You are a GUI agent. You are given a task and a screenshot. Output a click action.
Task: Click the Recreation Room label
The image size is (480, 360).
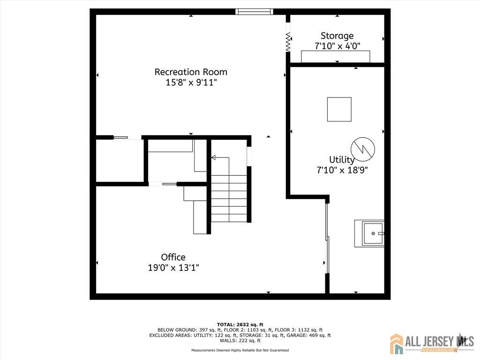coord(191,72)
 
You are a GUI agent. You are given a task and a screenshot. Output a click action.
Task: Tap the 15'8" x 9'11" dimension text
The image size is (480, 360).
coord(191,82)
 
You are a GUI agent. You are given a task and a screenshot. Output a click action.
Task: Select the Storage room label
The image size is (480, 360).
coord(337,36)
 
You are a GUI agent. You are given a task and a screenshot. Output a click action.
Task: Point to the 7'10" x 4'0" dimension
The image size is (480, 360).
coord(337,46)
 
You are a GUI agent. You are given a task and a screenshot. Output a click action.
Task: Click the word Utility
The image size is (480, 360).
coord(342,159)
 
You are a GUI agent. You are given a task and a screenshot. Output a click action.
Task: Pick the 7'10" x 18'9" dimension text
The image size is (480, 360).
coord(342,170)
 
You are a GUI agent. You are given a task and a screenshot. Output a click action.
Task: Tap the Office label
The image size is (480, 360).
coord(173,257)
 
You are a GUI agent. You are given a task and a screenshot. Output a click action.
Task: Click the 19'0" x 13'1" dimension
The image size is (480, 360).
coord(173,268)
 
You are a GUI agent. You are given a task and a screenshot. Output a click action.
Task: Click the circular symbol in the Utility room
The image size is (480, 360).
coord(363,150)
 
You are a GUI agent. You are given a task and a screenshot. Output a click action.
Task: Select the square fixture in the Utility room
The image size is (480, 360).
coord(339,109)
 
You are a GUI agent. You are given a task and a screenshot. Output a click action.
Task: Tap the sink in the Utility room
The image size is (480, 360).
coord(369,233)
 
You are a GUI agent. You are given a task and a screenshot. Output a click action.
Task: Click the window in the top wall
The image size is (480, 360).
coord(255,12)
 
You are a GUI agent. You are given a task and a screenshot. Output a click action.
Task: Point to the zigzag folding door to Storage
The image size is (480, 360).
coord(288,42)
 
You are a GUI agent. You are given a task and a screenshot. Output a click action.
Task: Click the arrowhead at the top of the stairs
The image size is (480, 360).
coord(213,157)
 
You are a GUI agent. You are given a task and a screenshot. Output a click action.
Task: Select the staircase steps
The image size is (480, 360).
coord(229,199)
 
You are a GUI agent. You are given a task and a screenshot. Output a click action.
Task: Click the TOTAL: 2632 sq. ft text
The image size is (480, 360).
coord(240,324)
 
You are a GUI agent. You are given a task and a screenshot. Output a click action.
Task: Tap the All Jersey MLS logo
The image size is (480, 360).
coord(432,344)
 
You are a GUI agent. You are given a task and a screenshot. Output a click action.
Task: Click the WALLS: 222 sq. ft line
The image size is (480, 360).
coord(240,340)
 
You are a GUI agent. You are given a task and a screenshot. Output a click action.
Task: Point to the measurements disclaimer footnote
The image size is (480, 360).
coord(240,350)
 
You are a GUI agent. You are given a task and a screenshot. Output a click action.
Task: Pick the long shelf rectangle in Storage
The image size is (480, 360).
coord(336,57)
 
